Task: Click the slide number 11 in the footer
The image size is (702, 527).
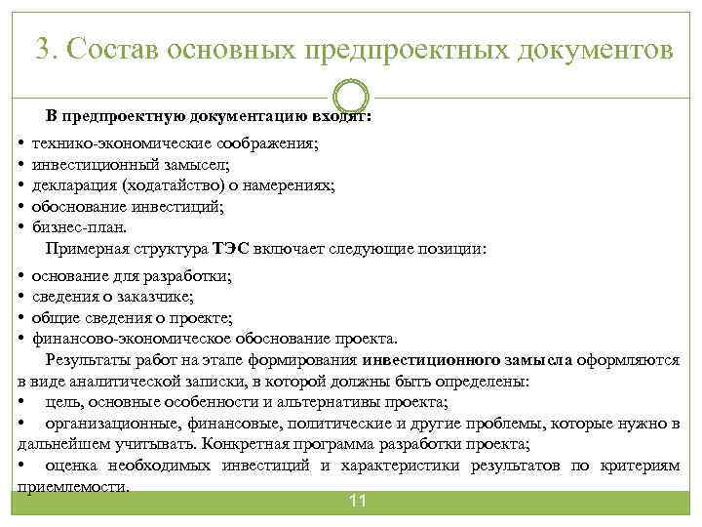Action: click(357, 501)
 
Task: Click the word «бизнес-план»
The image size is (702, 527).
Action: click(78, 227)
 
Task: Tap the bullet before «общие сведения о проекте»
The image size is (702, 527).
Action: click(21, 318)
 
